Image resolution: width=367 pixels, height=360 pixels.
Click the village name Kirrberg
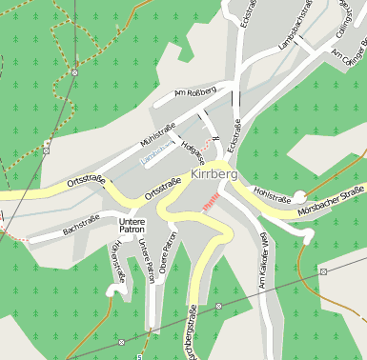(214, 175)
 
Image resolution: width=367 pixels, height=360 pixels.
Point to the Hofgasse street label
(194, 150)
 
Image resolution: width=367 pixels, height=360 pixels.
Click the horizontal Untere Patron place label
(132, 226)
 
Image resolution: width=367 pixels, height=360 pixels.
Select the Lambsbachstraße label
(295, 28)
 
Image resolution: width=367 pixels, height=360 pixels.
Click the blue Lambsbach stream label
(156, 153)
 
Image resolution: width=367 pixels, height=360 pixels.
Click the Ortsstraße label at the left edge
(86, 179)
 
